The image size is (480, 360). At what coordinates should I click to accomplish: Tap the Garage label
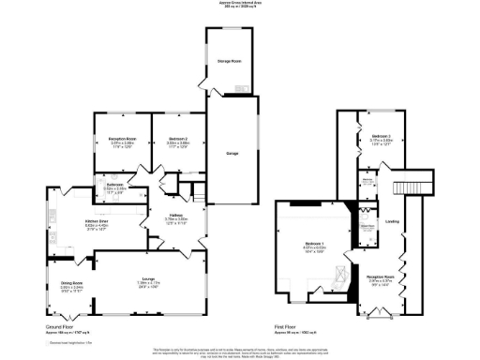click(x=232, y=152)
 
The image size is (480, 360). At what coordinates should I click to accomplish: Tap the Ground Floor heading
click(x=58, y=328)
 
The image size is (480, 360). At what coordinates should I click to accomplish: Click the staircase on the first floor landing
click(x=413, y=180)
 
